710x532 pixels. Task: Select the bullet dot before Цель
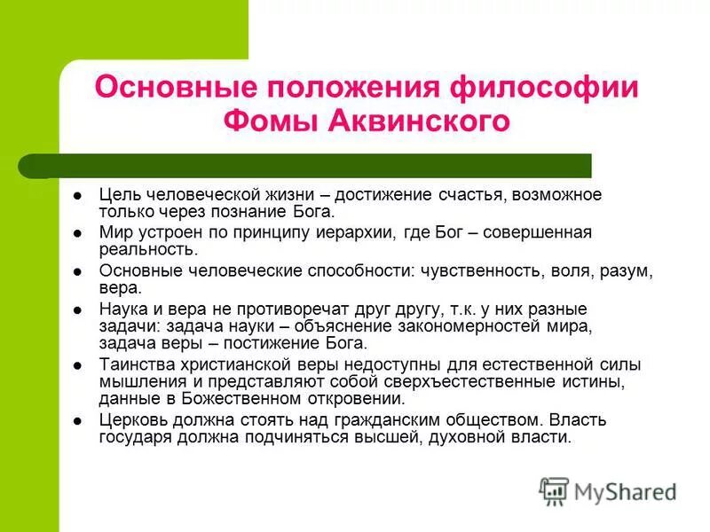point(79,195)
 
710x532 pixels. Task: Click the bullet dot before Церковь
point(79,420)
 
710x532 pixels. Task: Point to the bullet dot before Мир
point(79,233)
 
